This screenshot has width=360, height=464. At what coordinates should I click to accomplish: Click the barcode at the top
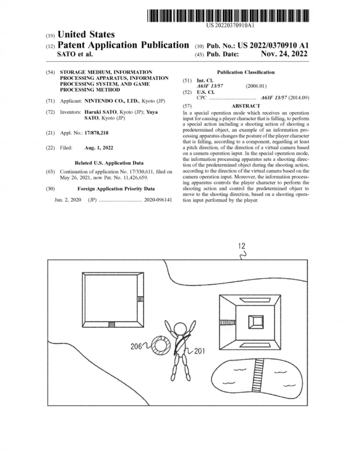tap(228, 15)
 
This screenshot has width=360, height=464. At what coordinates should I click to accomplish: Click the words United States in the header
tap(86, 34)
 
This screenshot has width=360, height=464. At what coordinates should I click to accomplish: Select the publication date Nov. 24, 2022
tap(284, 54)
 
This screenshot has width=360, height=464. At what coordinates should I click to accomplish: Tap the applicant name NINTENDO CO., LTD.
tap(111, 101)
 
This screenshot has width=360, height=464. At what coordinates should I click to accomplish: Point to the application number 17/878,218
tap(96, 133)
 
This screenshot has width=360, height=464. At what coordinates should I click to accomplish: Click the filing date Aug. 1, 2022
tap(98, 148)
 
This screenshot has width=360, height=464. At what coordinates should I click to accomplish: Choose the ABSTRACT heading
tap(245, 106)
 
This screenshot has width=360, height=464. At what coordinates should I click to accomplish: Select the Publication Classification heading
tap(245, 72)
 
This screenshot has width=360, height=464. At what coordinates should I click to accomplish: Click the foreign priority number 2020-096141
tap(158, 200)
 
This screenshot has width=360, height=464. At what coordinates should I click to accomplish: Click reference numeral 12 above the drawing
tap(242, 246)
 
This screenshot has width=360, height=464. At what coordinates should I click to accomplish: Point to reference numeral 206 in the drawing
tap(136, 346)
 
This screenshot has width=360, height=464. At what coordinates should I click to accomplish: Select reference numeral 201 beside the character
tap(199, 351)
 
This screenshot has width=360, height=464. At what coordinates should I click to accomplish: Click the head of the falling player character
tap(179, 329)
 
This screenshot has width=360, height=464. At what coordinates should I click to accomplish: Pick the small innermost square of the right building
tap(255, 322)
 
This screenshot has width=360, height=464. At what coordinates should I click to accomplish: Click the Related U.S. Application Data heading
tap(109, 163)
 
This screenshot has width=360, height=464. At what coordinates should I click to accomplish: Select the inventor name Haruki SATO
tap(100, 112)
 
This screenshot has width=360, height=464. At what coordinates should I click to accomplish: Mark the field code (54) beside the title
tap(50, 72)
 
